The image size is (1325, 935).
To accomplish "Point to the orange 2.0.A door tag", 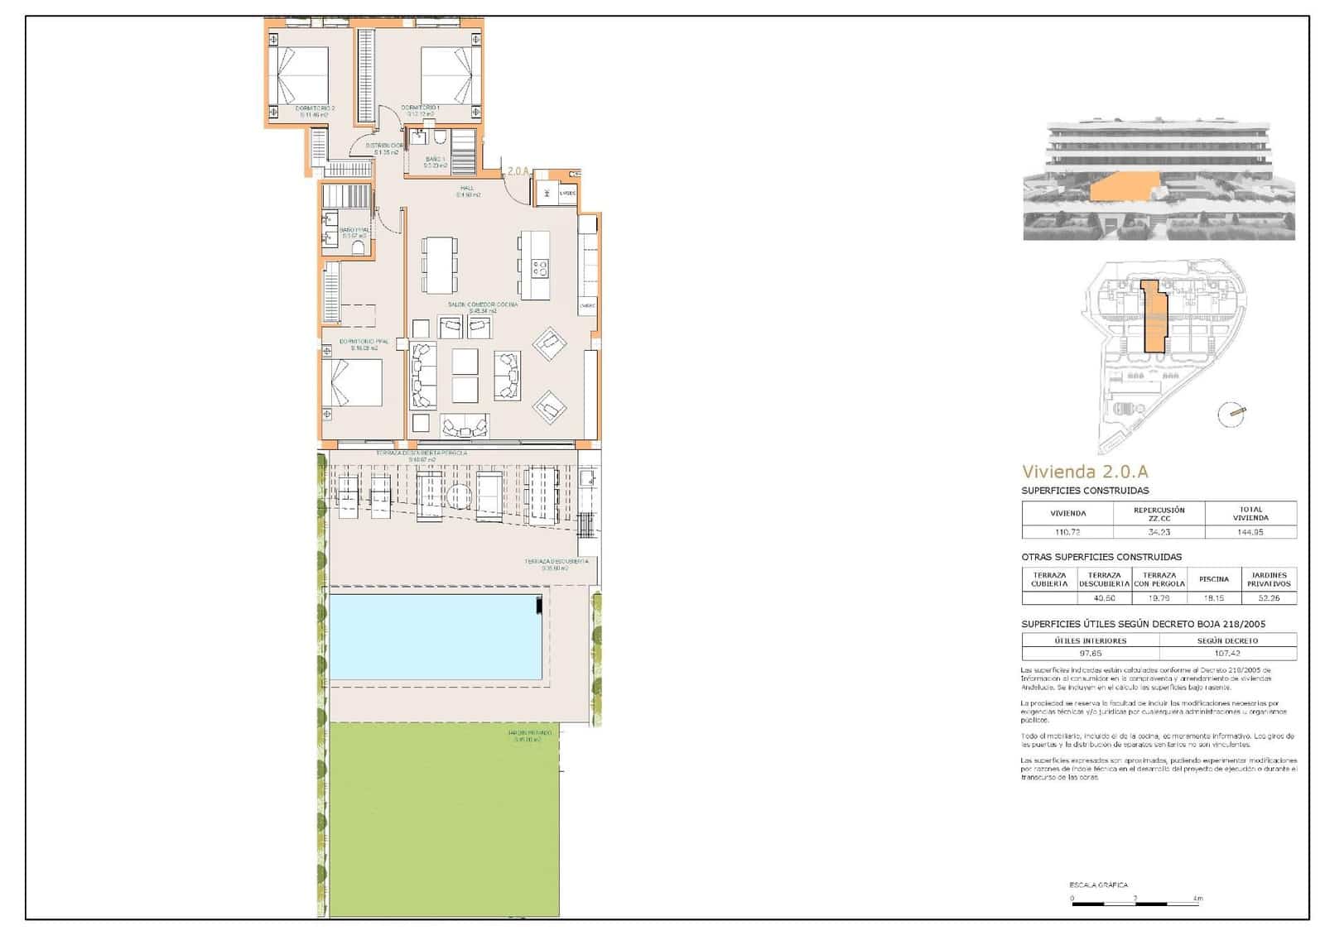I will click(518, 171).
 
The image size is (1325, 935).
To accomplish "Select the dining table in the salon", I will click(439, 265).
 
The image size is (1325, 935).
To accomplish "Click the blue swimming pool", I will click(435, 636).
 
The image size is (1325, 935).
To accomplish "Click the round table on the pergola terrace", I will click(459, 498).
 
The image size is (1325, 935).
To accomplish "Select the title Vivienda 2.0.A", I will click(1085, 472).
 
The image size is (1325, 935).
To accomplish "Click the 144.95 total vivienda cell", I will click(1250, 532).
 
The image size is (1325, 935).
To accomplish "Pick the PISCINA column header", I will click(1214, 579).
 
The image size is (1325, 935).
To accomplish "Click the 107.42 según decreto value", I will click(1227, 653).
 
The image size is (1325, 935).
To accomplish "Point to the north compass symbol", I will click(1231, 414).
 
